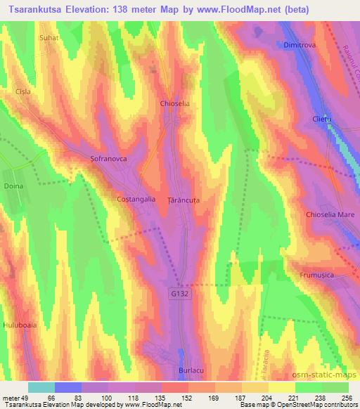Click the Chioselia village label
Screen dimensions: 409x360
pos(176,103)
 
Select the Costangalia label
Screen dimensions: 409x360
pos(136,200)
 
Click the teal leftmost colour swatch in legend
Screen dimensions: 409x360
pos(41,387)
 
